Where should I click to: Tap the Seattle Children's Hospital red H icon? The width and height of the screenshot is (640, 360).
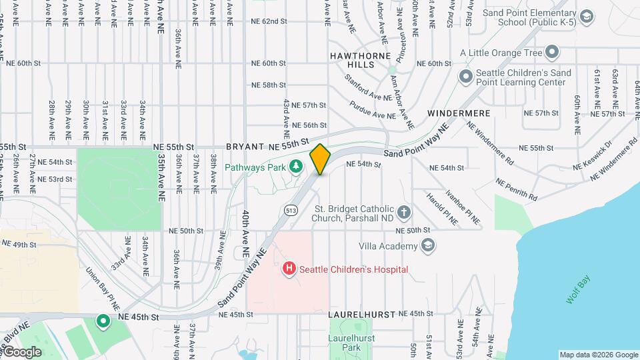(x=289, y=269)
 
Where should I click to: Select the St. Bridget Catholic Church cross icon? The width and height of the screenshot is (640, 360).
(x=403, y=213)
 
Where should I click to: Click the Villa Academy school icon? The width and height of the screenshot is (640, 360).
(x=428, y=246)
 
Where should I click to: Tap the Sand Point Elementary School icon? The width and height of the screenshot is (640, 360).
(x=587, y=16)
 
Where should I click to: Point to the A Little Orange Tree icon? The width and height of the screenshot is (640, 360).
(x=552, y=51)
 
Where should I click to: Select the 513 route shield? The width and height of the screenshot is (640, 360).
(x=291, y=211)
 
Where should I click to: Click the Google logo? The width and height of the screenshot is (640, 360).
(x=21, y=351)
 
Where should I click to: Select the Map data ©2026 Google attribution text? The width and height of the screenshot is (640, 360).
(x=598, y=355)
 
